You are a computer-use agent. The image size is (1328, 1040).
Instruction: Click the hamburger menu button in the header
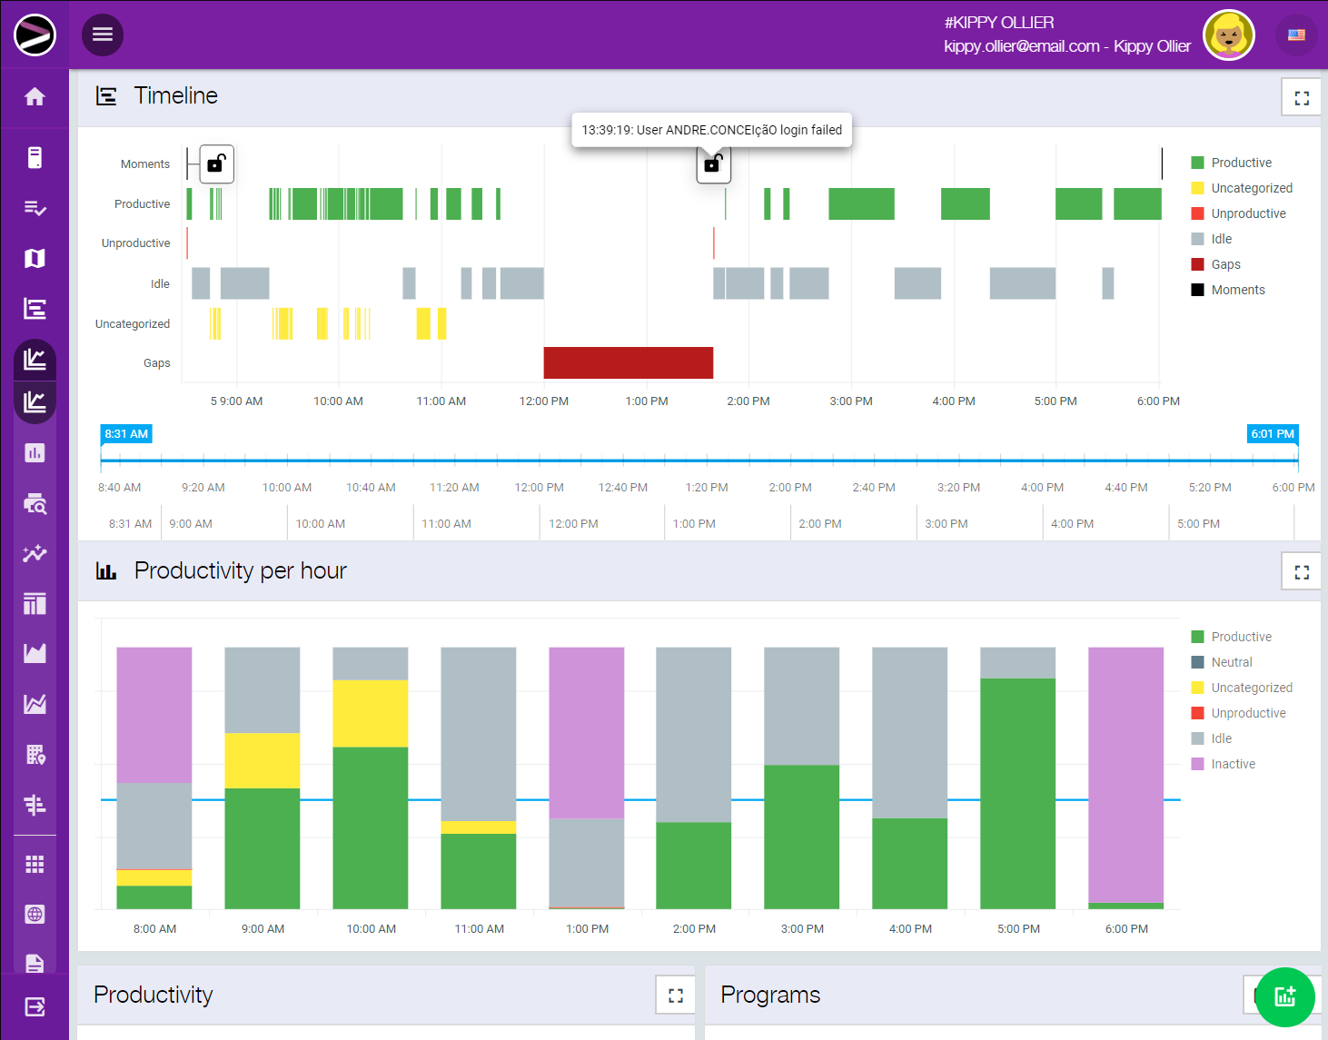click(x=103, y=35)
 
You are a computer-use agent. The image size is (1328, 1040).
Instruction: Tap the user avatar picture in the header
click(x=1228, y=35)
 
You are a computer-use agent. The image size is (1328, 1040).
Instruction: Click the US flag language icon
click(x=1296, y=35)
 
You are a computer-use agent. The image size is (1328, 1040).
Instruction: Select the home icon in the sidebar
click(x=35, y=97)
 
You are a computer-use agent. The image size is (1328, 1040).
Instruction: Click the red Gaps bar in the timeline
click(x=628, y=362)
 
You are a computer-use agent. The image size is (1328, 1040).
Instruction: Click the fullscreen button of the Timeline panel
click(x=1301, y=98)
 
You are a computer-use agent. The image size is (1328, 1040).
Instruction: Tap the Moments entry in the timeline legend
click(x=1237, y=290)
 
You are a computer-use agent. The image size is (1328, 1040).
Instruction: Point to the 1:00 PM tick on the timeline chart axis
click(x=647, y=401)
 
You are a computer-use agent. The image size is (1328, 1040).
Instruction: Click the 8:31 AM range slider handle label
click(x=126, y=434)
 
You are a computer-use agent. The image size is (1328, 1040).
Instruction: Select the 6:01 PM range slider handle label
click(x=1272, y=434)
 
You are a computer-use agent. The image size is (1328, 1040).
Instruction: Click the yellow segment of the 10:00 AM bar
click(x=371, y=713)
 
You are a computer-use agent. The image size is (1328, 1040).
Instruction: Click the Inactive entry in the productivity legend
click(x=1233, y=764)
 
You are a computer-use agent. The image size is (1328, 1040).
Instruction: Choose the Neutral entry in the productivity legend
click(x=1231, y=662)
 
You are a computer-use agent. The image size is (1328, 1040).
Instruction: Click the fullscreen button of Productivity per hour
click(x=1301, y=572)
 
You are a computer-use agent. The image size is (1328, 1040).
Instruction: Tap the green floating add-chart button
click(x=1284, y=996)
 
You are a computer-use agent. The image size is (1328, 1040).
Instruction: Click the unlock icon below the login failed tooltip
click(x=713, y=164)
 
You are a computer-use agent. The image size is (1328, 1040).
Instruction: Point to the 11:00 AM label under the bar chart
click(x=479, y=928)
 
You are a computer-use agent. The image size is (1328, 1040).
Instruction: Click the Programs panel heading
click(x=770, y=995)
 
